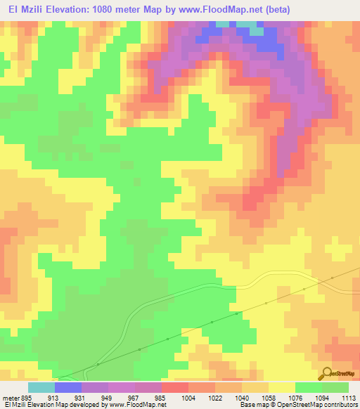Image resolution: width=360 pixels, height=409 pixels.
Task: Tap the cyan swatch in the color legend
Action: (x=41, y=387)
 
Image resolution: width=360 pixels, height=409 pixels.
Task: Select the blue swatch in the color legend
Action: (x=68, y=387)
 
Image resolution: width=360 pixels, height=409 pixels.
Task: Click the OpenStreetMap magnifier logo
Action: (x=326, y=375)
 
